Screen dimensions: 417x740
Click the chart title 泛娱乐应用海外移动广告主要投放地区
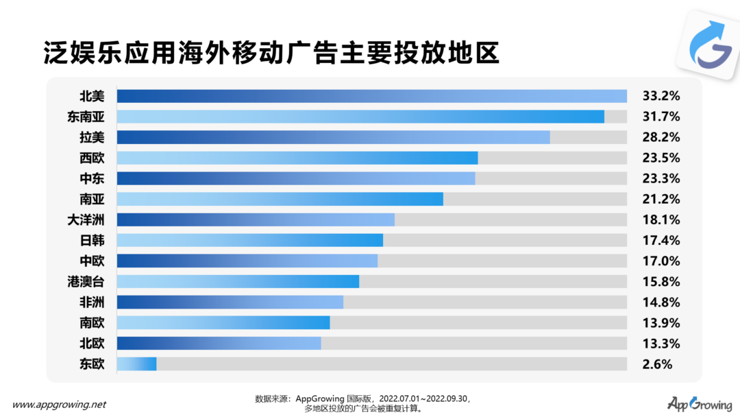pos(271,52)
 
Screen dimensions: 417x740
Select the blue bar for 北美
pos(371,96)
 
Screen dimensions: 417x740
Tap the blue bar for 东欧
pos(137,364)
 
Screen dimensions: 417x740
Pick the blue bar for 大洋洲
pos(256,219)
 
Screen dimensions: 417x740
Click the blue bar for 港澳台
pos(238,281)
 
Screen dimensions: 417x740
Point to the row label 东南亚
pos(86,117)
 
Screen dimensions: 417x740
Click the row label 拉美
pos(92,137)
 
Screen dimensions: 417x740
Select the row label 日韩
pos(92,240)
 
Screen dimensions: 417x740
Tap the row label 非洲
pos(92,302)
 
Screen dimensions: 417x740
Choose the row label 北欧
pos(92,343)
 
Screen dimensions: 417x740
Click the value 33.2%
pos(661,96)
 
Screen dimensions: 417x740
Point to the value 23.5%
pos(661,158)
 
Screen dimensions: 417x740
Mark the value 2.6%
pos(657,364)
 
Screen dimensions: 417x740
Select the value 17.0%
pos(661,261)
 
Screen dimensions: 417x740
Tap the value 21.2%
pos(661,199)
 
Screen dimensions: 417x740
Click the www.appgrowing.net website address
pos(60,404)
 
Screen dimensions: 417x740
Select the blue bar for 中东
pos(296,178)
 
